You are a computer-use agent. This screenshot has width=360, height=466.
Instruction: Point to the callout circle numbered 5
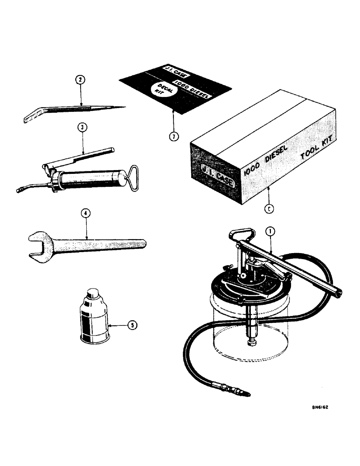133,326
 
